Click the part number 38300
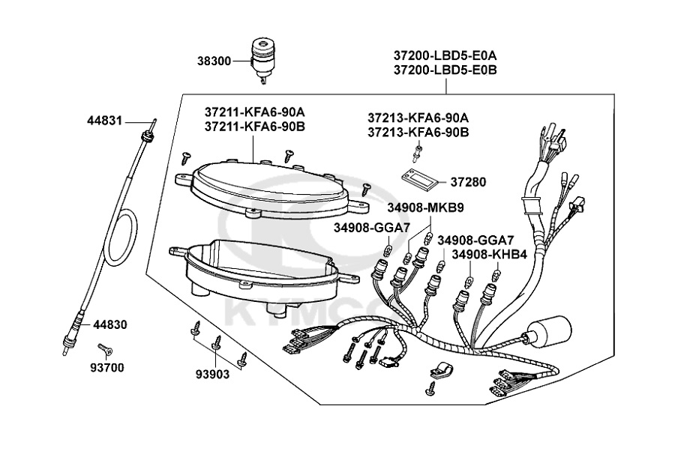214,61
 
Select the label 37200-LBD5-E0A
445,56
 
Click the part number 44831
104,121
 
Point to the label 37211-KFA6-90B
255,127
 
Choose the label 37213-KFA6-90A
418,118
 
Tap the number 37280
468,182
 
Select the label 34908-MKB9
425,208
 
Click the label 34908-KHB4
489,255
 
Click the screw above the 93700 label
105,350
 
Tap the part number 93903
213,375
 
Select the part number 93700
106,368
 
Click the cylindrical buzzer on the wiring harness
549,333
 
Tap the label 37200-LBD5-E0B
445,70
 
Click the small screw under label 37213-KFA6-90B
417,153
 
